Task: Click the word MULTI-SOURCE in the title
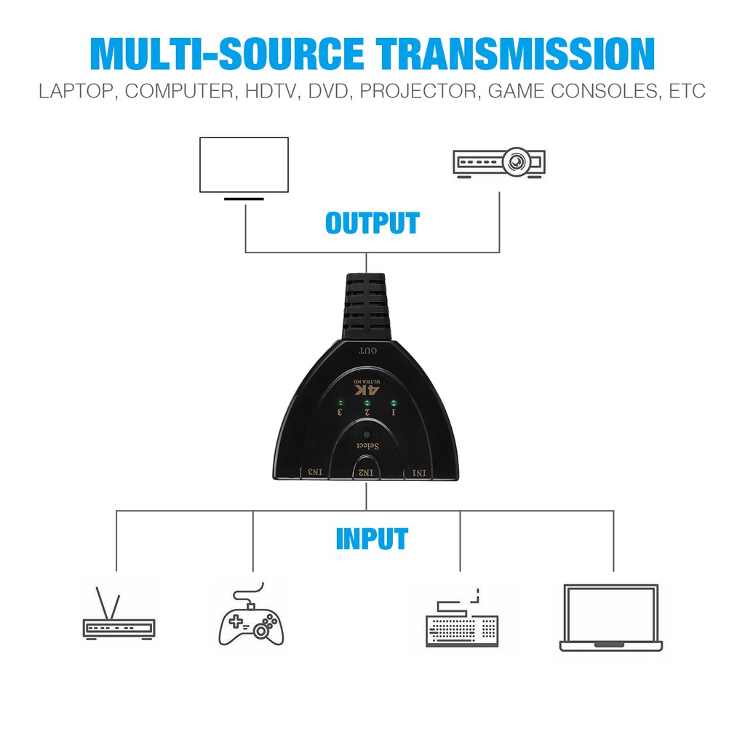230,54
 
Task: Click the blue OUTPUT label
372,223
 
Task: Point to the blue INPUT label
372,539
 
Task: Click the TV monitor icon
244,165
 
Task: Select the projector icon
499,162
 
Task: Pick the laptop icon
611,618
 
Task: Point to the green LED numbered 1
394,402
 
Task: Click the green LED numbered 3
339,402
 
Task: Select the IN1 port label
420,473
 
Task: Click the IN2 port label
367,473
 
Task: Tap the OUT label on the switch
367,351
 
